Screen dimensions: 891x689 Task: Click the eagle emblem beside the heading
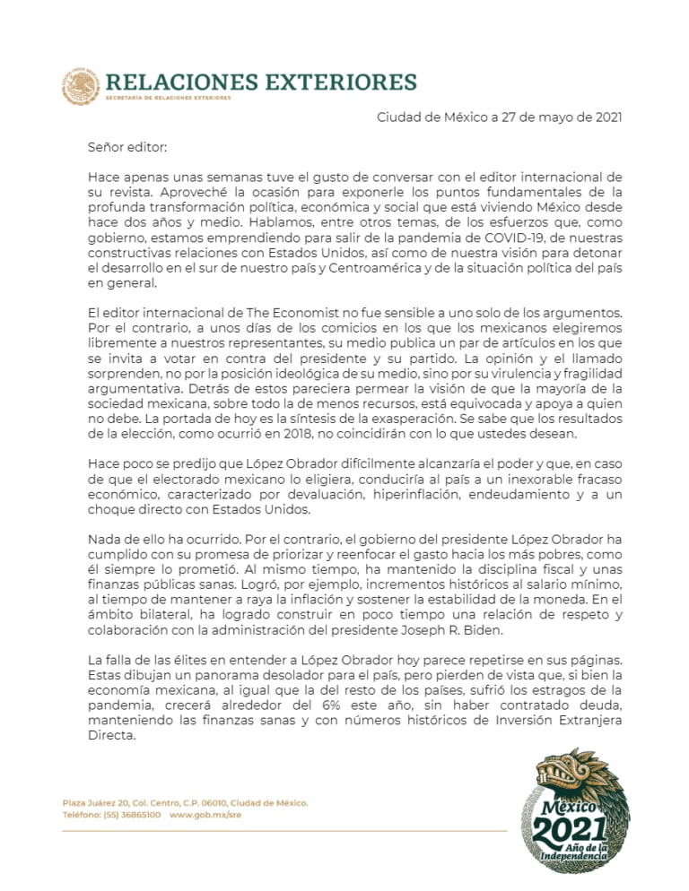81,87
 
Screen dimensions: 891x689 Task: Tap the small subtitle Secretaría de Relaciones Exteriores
168,98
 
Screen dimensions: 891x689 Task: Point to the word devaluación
287,495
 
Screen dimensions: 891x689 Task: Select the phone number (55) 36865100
131,815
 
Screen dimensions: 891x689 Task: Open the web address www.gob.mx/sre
205,815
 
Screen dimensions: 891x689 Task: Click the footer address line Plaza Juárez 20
184,802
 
